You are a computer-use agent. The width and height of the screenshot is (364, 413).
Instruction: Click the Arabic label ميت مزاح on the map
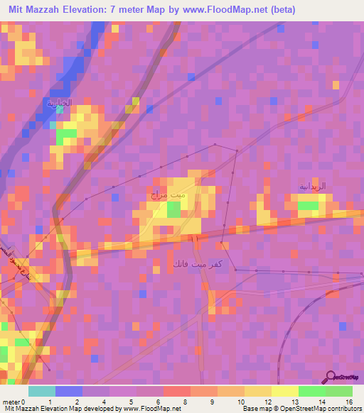pyautogui.click(x=168, y=194)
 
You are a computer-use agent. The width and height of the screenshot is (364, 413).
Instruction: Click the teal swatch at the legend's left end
pyautogui.click(x=42, y=391)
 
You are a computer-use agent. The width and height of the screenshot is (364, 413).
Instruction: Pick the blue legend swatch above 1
pyautogui.click(x=69, y=391)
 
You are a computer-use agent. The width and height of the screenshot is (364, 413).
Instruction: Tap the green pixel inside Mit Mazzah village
pyautogui.click(x=173, y=209)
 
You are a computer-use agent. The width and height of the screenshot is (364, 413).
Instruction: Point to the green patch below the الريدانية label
pyautogui.click(x=309, y=206)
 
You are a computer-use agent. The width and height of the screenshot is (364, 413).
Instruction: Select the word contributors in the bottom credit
pyautogui.click(x=344, y=408)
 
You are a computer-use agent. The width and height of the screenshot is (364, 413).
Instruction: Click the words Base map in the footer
pyautogui.click(x=253, y=408)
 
